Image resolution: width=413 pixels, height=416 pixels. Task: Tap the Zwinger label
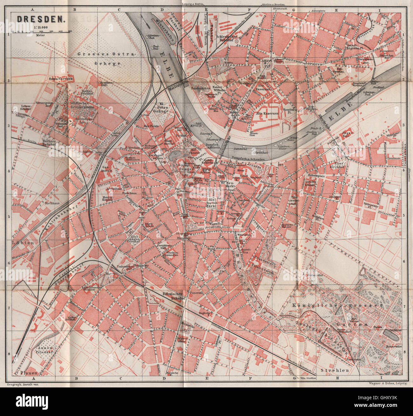[185, 169]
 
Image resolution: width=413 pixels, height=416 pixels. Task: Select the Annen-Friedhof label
[43, 349]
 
